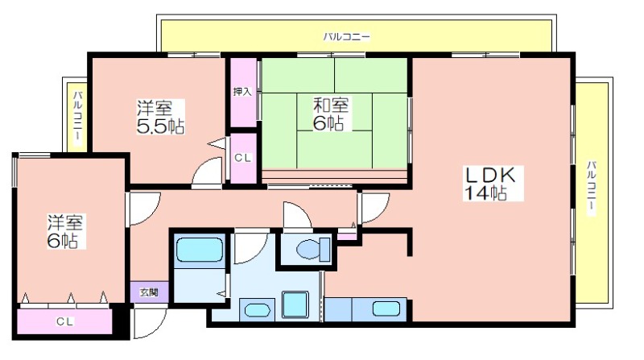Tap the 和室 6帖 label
click(331, 114)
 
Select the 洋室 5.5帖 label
click(160, 117)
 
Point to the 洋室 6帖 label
click(65, 231)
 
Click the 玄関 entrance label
click(149, 292)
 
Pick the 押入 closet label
click(242, 91)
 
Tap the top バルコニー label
click(347, 37)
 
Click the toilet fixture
click(313, 249)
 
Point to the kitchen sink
click(386, 309)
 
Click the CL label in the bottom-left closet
click(65, 321)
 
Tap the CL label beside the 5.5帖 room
click(242, 158)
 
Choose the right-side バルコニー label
click(592, 188)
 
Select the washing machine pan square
click(295, 304)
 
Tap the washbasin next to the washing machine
click(257, 309)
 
